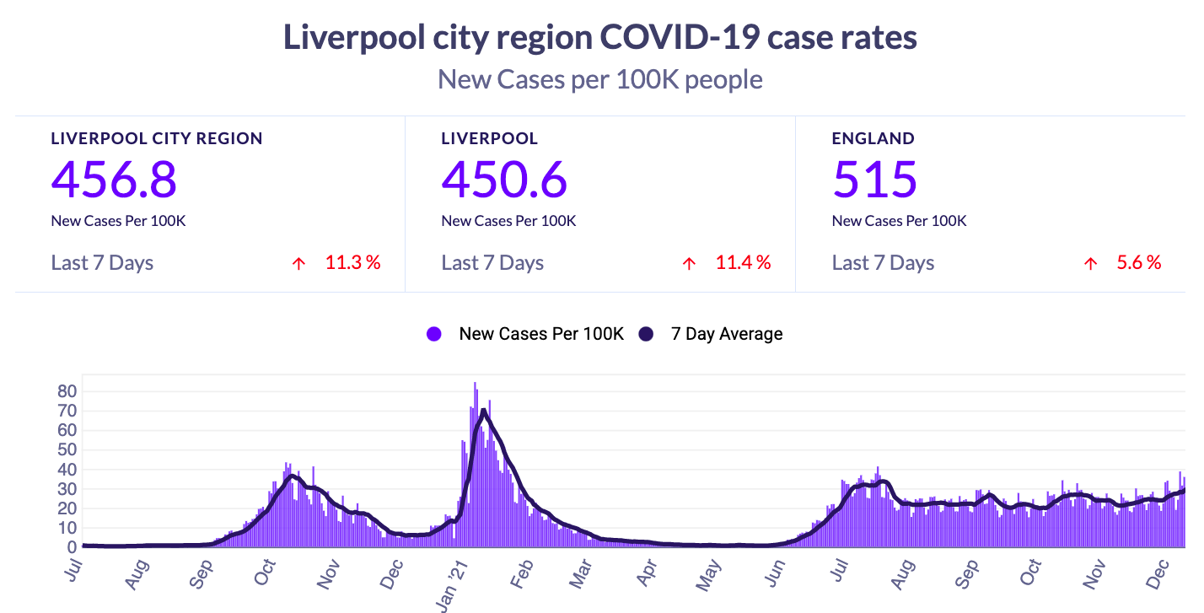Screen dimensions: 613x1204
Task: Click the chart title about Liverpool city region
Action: click(x=600, y=38)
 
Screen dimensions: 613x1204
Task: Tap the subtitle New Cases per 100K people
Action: click(x=600, y=80)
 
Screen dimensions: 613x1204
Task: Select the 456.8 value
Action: click(x=114, y=179)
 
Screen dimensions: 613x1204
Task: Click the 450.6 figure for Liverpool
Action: click(x=504, y=179)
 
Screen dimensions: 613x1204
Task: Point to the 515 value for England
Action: click(x=874, y=179)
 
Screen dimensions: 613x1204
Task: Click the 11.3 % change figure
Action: click(x=352, y=263)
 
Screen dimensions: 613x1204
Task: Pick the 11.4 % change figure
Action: click(x=743, y=263)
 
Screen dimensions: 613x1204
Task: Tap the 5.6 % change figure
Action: click(x=1138, y=263)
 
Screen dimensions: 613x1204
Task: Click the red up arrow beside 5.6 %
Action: click(x=1090, y=264)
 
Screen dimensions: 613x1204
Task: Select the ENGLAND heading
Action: click(x=873, y=139)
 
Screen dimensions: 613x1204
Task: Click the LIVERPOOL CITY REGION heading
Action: click(x=157, y=139)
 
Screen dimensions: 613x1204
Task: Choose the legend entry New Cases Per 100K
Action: click(x=540, y=334)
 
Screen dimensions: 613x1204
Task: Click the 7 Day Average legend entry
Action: click(x=726, y=334)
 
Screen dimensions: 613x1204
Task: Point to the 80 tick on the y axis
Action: click(x=67, y=392)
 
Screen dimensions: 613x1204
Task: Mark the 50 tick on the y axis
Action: click(x=67, y=450)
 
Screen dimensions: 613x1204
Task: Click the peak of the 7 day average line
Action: click(x=483, y=411)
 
